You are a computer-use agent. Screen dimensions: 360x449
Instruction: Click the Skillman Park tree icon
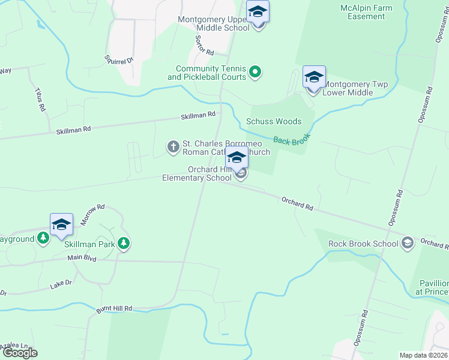click(x=124, y=243)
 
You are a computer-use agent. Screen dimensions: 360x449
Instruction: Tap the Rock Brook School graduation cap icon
click(x=408, y=242)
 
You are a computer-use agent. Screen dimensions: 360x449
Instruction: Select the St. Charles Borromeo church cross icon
click(x=173, y=146)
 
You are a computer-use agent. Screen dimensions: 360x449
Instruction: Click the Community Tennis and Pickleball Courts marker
click(x=255, y=73)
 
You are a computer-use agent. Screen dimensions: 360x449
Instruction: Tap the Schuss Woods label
click(x=274, y=121)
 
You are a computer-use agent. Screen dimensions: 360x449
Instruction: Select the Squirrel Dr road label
click(x=118, y=61)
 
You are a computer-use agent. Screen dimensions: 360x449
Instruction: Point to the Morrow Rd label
click(x=93, y=213)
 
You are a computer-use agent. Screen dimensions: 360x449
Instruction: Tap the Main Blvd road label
click(x=82, y=257)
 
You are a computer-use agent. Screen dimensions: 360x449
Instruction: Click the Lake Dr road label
click(x=61, y=284)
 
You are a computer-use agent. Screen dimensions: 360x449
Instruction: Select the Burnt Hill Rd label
click(x=113, y=309)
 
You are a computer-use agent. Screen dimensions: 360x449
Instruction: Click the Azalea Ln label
click(x=14, y=346)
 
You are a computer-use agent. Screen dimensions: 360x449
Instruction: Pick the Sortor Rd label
click(x=205, y=44)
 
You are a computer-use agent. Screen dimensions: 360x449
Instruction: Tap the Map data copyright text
click(x=424, y=355)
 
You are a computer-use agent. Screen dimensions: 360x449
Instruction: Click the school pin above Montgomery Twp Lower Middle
click(x=314, y=78)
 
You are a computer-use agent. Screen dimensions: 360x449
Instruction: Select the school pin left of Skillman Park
click(x=61, y=225)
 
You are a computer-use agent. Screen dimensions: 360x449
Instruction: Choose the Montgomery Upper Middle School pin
click(x=258, y=13)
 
